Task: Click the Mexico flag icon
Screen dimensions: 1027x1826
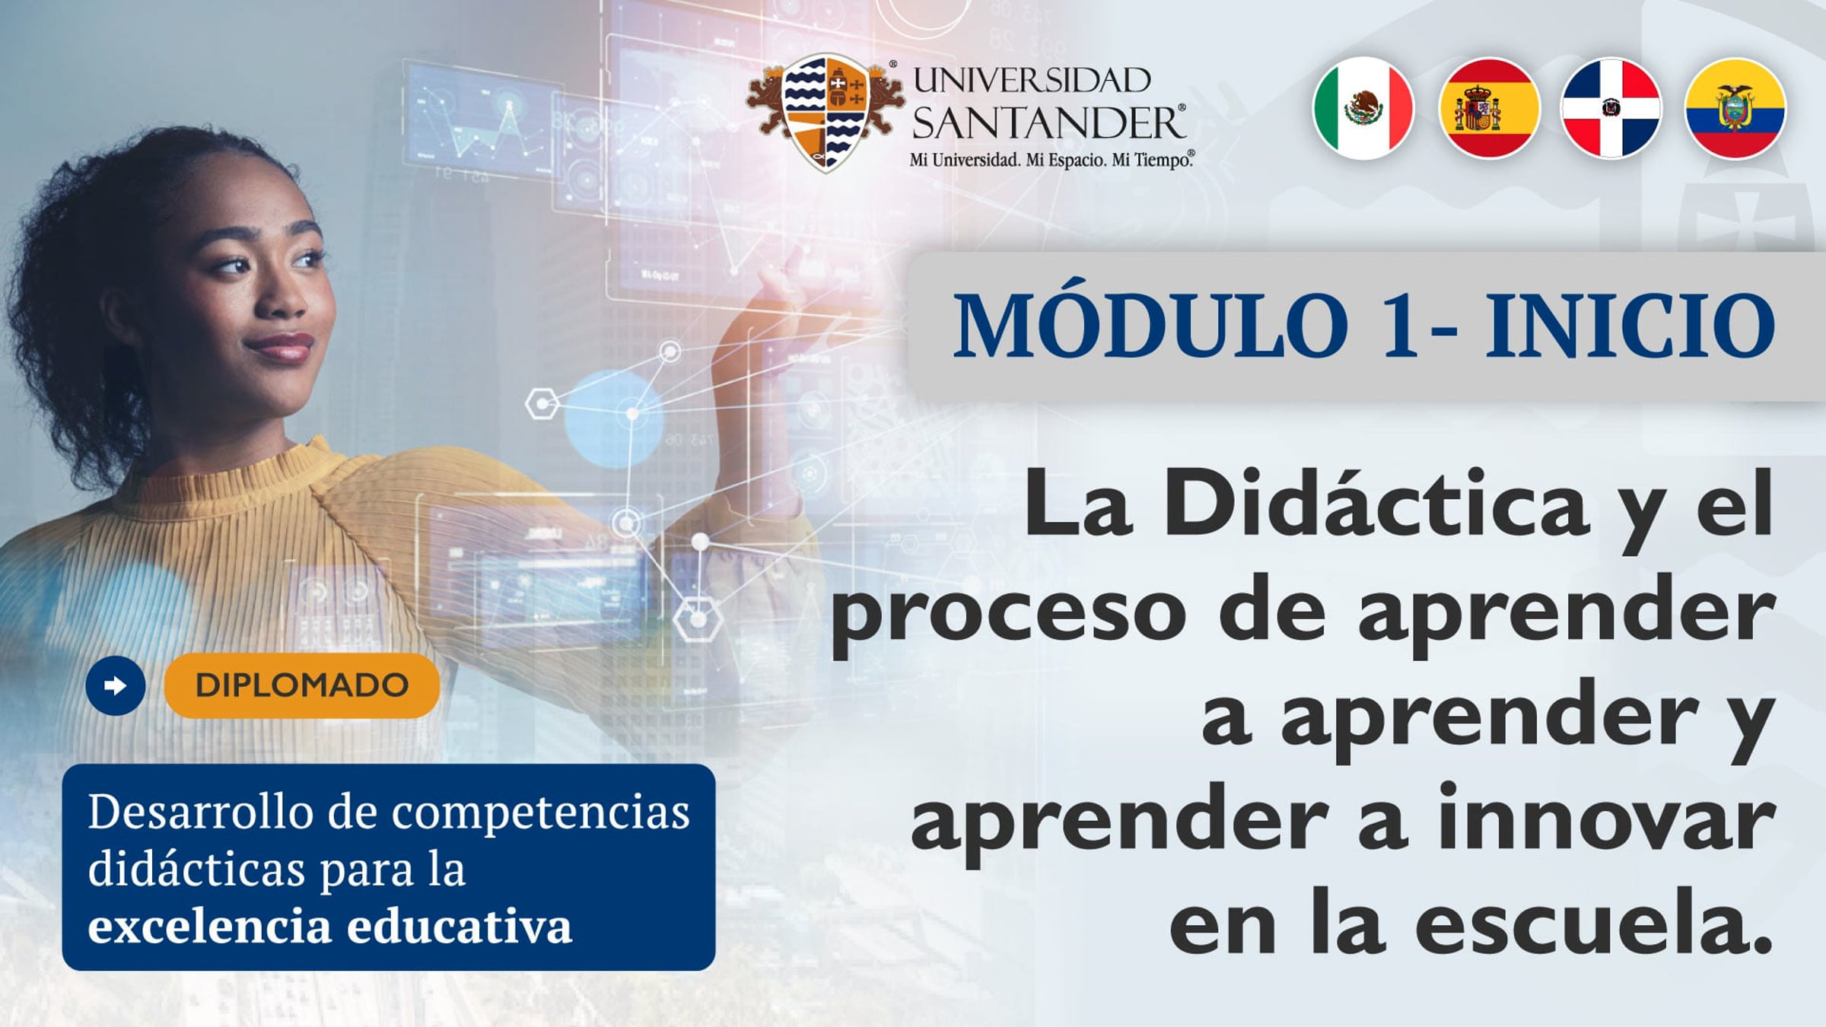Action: pos(1363,108)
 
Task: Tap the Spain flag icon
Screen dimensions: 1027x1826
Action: pos(1488,108)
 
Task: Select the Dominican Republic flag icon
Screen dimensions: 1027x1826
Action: pos(1611,108)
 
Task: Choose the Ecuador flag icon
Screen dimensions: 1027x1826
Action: pos(1735,108)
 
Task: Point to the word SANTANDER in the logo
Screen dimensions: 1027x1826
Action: pos(1048,123)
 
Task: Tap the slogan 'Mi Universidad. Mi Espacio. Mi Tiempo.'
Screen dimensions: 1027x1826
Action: pos(1051,161)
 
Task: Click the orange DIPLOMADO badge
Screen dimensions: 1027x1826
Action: pos(302,685)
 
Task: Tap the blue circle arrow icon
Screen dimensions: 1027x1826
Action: pos(116,685)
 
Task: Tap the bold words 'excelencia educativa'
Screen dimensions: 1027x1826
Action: pos(329,926)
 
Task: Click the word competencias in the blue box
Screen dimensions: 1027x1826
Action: pos(540,812)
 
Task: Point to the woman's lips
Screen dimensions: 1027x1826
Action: pos(280,348)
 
